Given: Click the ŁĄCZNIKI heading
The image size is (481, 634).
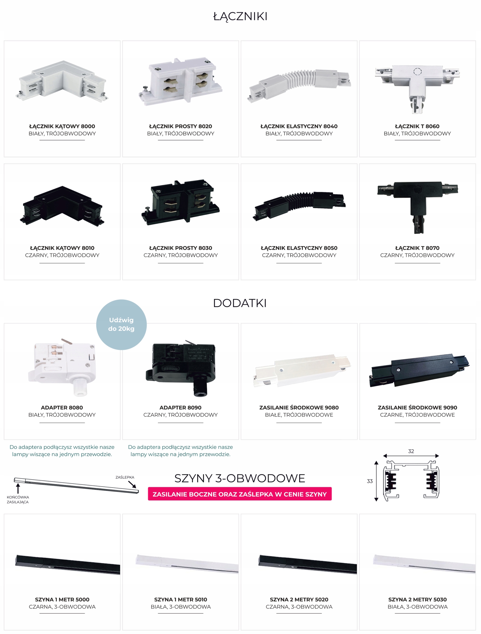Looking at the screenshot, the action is (x=240, y=16).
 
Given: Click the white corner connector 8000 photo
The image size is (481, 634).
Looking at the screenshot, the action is (x=62, y=82).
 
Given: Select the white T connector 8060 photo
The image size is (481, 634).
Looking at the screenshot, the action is (x=417, y=86).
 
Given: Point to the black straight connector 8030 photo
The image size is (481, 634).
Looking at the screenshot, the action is (x=180, y=202).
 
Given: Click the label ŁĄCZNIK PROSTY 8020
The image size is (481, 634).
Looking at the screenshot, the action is (x=180, y=126).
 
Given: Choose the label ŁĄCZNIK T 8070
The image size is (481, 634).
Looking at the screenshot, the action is (x=417, y=248).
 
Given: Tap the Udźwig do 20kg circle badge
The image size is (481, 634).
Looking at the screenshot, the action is (x=121, y=324).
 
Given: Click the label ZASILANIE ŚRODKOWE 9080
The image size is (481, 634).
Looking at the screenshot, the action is (x=299, y=407).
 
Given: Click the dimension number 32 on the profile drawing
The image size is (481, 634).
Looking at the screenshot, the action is (x=411, y=451).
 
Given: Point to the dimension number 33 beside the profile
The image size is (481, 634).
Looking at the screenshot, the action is (x=370, y=481).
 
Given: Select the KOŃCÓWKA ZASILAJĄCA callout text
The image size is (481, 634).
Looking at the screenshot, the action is (x=18, y=499).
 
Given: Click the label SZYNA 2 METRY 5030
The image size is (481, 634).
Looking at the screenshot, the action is (x=417, y=599).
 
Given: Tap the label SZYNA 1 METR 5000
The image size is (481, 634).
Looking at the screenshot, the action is (x=62, y=599).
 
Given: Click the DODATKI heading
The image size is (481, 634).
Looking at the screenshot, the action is (x=240, y=303).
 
